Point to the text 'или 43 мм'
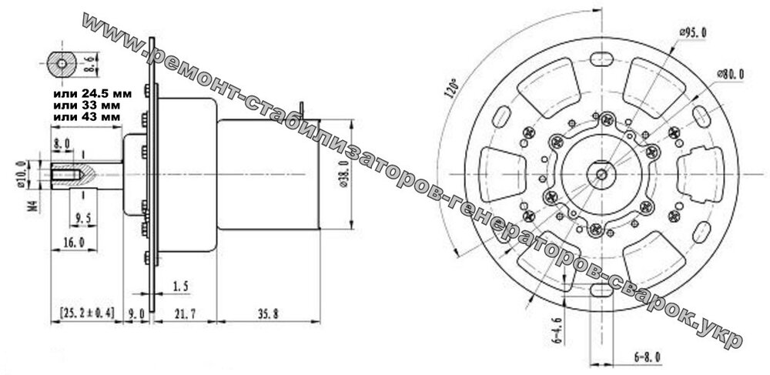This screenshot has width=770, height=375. tap(86, 116)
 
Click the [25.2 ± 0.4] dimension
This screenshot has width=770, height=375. tap(86, 313)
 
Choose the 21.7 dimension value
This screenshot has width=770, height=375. tap(185, 313)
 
